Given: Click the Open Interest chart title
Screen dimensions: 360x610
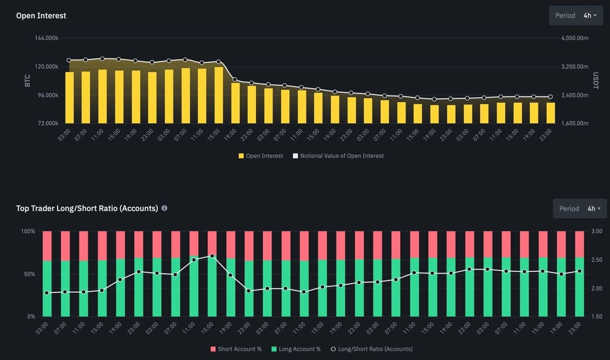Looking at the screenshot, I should pos(41,16).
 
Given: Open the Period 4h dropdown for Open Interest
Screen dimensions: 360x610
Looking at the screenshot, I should pos(576,15).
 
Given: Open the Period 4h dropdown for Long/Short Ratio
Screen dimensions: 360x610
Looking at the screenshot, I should pos(579,208).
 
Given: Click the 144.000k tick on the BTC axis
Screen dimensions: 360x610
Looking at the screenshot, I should pos(47,38).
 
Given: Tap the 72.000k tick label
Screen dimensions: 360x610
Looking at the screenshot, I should pos(47,123).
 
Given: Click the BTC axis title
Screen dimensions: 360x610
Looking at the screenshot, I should pos(27,80).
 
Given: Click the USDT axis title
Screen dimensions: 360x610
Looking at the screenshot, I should pos(595,80).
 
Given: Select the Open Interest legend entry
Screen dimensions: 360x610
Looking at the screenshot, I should pos(261,156).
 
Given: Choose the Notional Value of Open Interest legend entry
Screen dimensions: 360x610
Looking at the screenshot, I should pos(338,156).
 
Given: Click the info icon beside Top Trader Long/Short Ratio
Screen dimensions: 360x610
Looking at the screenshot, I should pos(164,208).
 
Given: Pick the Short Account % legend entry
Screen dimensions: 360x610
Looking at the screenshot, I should pos(236,349).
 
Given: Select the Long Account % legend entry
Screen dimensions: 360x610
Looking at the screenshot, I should pos(296,349).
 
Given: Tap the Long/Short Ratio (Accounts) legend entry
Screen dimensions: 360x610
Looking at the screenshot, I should pos(371,349).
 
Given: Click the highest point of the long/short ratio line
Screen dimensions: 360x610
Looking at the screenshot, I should pos(212,256).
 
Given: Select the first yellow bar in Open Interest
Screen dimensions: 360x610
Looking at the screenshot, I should pos(70,98).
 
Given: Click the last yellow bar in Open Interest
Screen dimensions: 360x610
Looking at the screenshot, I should pos(550,113).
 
